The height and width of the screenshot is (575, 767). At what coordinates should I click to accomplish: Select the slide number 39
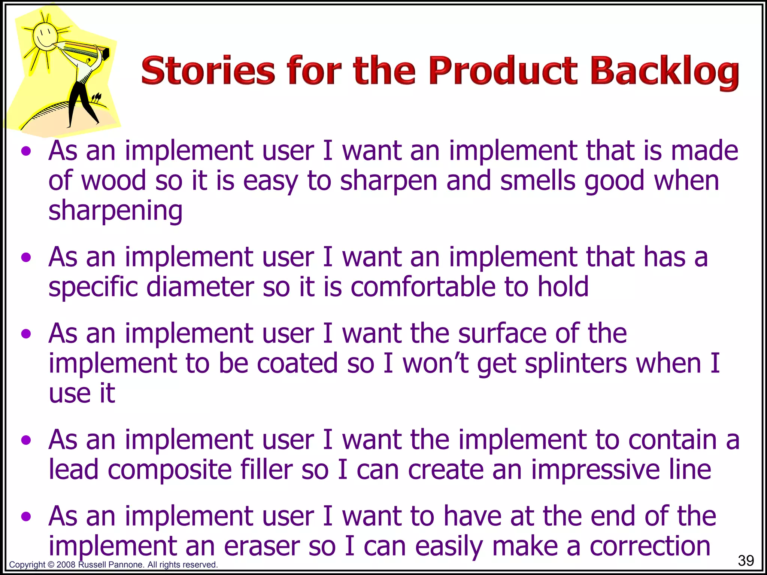[746, 560]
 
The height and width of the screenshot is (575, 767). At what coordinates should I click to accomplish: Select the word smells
[538, 181]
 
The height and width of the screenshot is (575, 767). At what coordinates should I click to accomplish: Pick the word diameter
[200, 287]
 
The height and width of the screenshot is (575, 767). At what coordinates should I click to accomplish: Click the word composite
[170, 470]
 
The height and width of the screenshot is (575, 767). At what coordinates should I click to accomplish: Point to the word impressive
[595, 470]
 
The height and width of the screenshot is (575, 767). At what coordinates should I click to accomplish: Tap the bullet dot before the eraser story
[26, 517]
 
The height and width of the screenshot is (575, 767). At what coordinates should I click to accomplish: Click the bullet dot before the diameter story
[26, 258]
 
